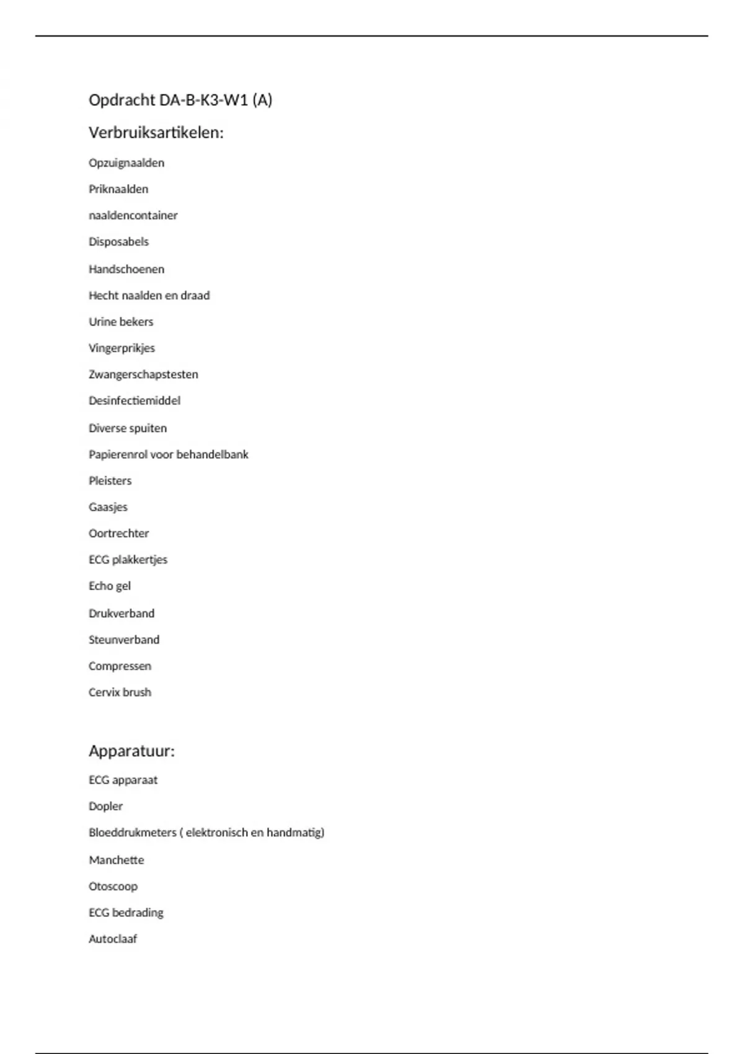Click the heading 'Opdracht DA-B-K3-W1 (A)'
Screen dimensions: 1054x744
click(x=180, y=100)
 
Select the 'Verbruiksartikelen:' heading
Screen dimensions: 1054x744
click(x=156, y=133)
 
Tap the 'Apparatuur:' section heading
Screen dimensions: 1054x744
click(x=131, y=751)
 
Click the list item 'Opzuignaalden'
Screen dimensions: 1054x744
click(x=126, y=163)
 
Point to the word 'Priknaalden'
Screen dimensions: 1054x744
click(x=118, y=189)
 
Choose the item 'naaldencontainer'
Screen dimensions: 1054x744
click(x=133, y=216)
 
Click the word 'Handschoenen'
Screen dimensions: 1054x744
click(x=126, y=269)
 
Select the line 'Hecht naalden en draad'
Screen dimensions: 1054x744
click(x=149, y=296)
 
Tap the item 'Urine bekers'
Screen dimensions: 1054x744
click(x=121, y=322)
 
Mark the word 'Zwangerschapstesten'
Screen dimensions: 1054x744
click(x=143, y=374)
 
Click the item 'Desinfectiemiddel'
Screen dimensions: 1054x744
click(x=135, y=401)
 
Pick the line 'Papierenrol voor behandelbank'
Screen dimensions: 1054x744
click(x=168, y=454)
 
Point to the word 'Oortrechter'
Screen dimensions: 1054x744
click(x=118, y=533)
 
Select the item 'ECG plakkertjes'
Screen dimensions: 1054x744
click(x=128, y=560)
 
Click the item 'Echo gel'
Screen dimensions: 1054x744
click(x=110, y=586)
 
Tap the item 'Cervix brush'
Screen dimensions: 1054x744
click(x=120, y=693)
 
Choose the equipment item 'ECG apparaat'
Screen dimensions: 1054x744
click(x=123, y=780)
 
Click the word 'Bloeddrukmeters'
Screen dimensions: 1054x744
click(x=133, y=833)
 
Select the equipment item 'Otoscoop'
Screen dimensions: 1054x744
click(x=113, y=887)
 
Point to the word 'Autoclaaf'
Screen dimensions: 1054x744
click(x=113, y=939)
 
